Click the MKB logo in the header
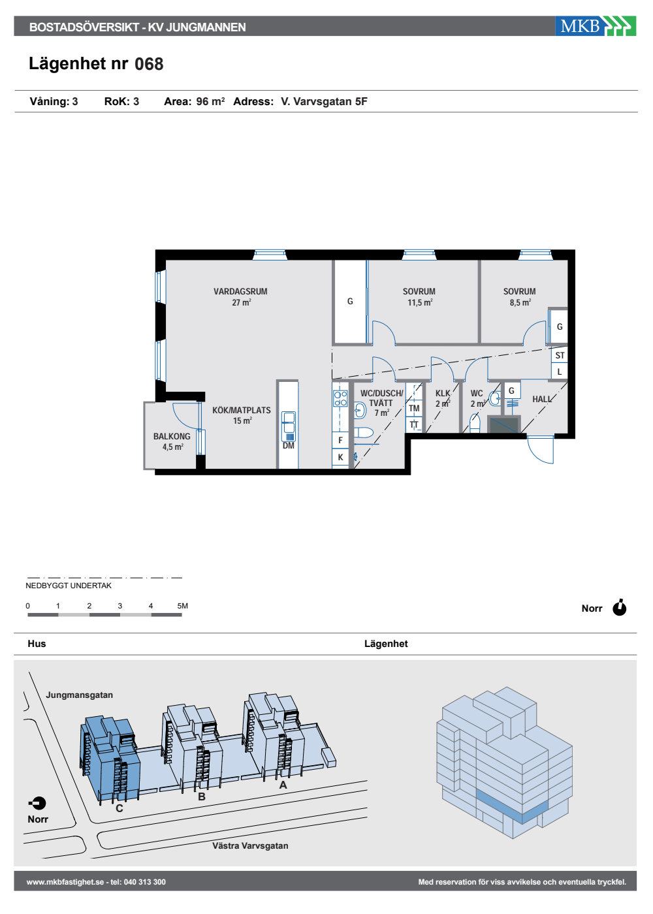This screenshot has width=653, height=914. (x=595, y=26)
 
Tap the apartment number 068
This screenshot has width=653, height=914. (x=149, y=64)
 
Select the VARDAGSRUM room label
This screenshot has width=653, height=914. (x=240, y=291)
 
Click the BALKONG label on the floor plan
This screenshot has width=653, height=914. (x=172, y=436)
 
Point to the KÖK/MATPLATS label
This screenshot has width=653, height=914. (x=241, y=410)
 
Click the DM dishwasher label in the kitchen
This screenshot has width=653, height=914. (x=288, y=445)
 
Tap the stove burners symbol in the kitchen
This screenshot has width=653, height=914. (x=340, y=399)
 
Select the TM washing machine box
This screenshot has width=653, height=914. (x=414, y=408)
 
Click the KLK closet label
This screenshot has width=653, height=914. (x=443, y=393)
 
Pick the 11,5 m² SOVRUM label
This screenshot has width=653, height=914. (x=419, y=297)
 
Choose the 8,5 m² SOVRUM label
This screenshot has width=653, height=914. (x=520, y=297)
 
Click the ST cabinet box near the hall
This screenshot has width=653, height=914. (x=560, y=355)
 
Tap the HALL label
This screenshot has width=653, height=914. (x=541, y=399)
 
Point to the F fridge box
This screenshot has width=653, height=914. (x=340, y=440)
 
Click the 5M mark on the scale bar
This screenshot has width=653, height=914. (x=182, y=606)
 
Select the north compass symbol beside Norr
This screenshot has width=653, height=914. (x=620, y=608)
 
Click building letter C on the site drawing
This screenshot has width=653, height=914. (x=119, y=808)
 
